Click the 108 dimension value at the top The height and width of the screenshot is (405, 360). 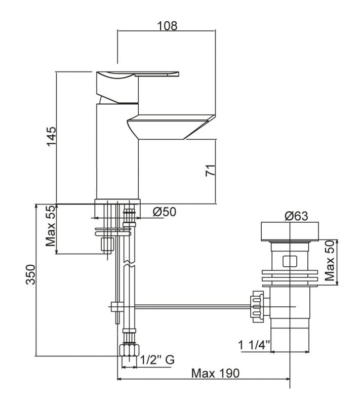[x=167, y=25]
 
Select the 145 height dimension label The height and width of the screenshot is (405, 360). [x=51, y=137]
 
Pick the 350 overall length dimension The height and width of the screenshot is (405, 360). [x=30, y=281]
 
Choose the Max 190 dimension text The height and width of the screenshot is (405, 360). [x=215, y=373]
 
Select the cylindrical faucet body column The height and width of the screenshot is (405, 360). [x=117, y=152]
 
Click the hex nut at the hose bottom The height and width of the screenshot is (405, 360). [x=130, y=350]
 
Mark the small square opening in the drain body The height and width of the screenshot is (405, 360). [x=290, y=262]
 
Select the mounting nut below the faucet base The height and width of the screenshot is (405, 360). [x=107, y=244]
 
